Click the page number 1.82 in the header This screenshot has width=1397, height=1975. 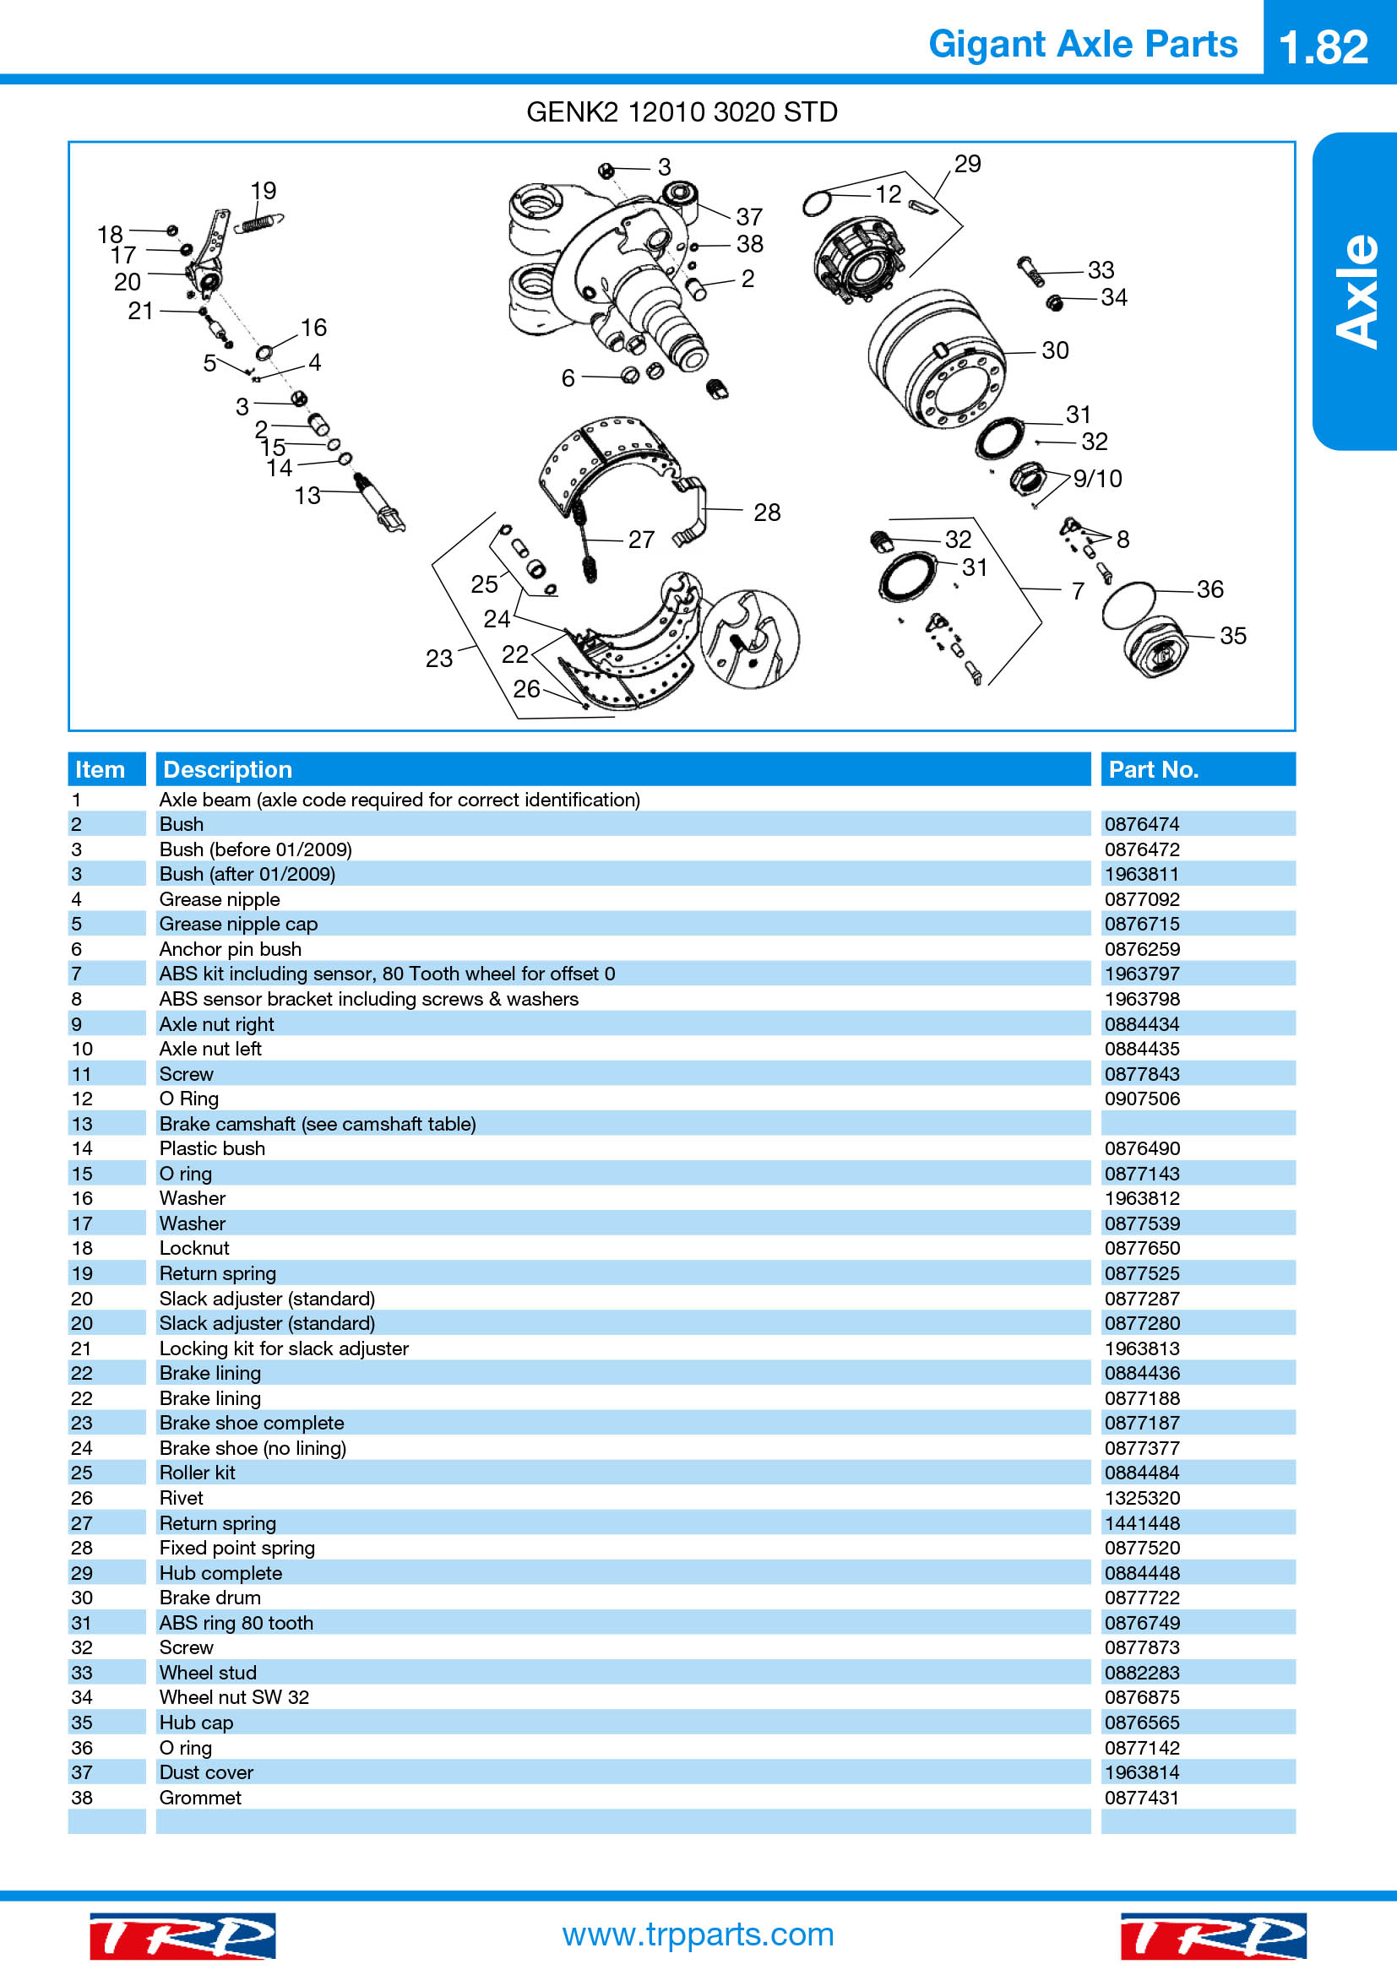click(x=1323, y=46)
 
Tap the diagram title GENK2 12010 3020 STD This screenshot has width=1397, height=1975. click(x=682, y=111)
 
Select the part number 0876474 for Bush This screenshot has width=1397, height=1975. click(x=1142, y=824)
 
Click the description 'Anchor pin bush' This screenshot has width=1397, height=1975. click(x=230, y=949)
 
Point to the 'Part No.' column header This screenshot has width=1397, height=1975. click(x=1153, y=769)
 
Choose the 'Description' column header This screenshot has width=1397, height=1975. click(x=228, y=769)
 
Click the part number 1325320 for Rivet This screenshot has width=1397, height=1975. click(x=1142, y=1498)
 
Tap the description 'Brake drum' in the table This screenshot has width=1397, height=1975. click(x=210, y=1598)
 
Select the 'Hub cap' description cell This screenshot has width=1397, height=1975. click(x=196, y=1722)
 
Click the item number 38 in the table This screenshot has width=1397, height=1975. click(x=82, y=1797)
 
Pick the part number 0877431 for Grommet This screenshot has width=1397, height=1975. click(x=1142, y=1797)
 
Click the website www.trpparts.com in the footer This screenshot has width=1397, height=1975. click(x=698, y=1934)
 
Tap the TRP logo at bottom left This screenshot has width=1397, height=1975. click(x=182, y=1935)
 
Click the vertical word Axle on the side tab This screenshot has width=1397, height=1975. click(x=1356, y=290)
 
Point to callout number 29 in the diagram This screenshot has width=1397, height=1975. click(x=967, y=164)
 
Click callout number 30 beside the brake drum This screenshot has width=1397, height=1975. click(x=1055, y=350)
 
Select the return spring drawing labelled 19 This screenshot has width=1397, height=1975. click(x=259, y=223)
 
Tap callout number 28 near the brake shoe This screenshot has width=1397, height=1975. click(x=766, y=513)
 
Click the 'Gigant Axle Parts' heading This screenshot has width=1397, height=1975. click(x=1083, y=44)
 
